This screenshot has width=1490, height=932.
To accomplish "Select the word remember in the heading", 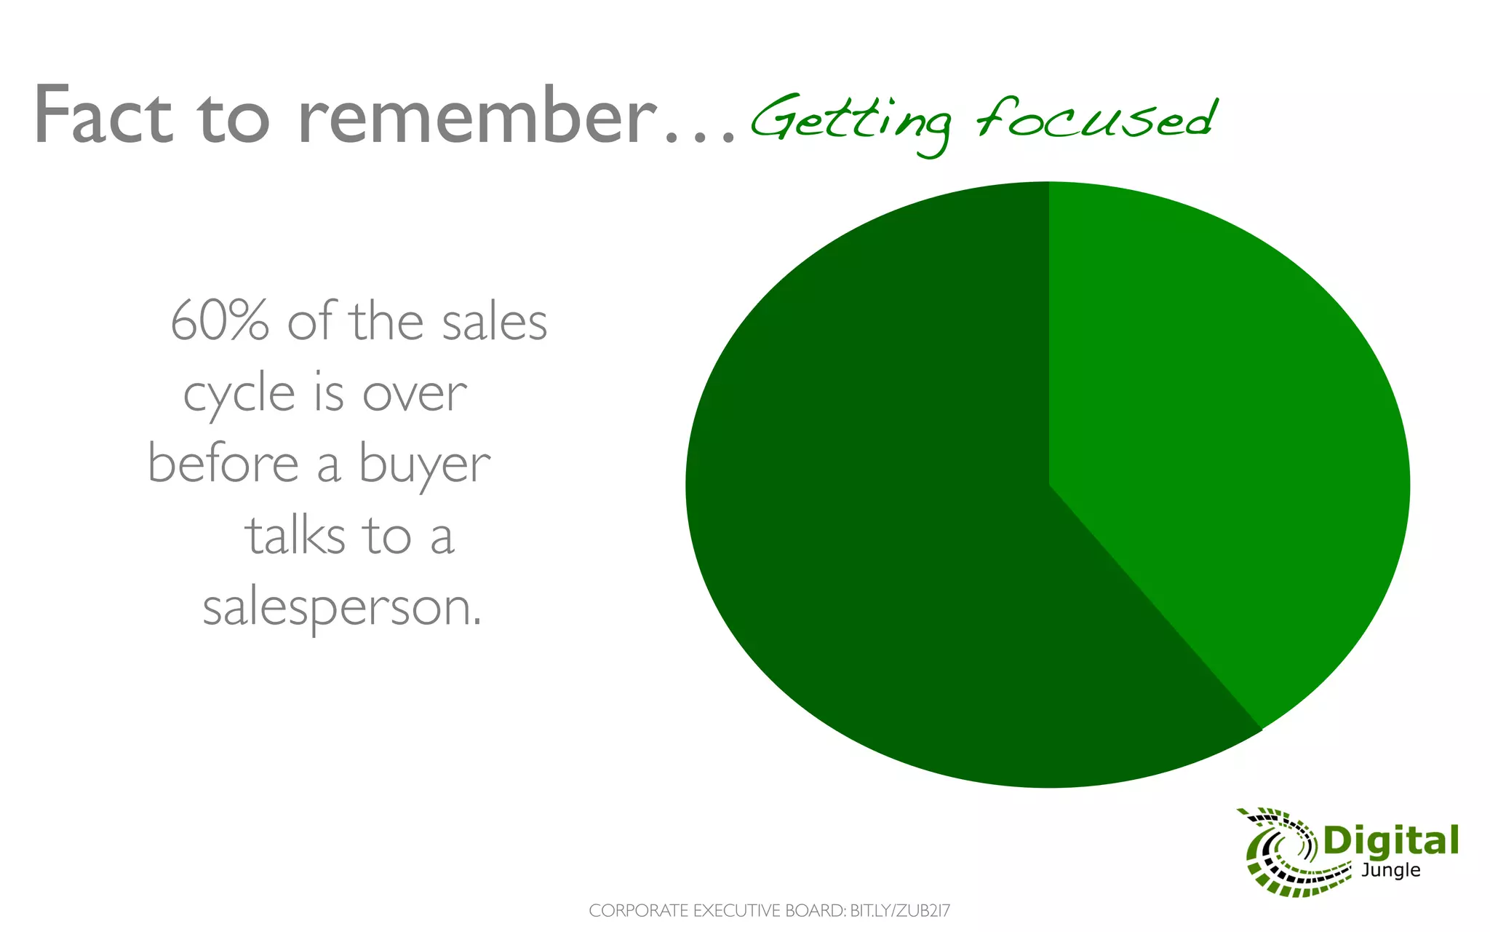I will point(477,116).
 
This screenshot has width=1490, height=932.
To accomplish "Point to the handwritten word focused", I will point(1096,118).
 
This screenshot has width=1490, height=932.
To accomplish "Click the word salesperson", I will point(341,609).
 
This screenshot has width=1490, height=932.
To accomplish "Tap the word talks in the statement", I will point(295,536).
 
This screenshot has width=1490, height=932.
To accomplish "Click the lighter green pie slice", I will point(1222,437).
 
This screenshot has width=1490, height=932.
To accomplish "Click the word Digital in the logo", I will point(1390,842).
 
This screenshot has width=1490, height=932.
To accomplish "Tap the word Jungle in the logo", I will point(1390,870).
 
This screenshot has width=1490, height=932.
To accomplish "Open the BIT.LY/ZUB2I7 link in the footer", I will point(900,911).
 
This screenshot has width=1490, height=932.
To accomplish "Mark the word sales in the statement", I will point(494,322).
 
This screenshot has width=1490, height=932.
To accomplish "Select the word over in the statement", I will point(415,395).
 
